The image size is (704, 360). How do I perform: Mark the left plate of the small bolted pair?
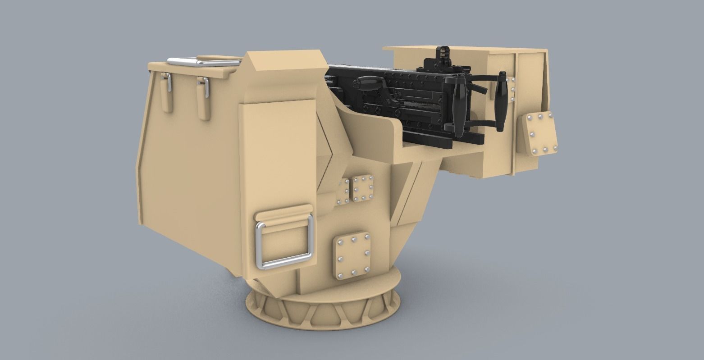(344, 192)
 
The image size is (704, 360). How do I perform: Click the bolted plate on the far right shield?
(539, 134)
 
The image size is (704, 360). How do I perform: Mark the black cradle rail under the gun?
(428, 140)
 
